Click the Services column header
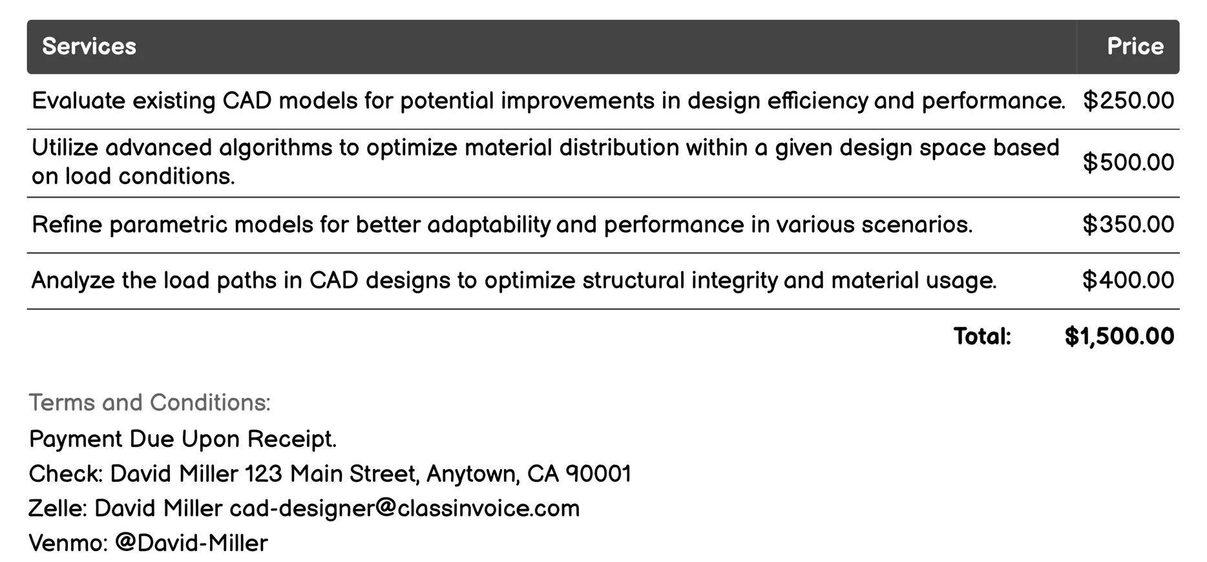(89, 47)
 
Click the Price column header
(1135, 47)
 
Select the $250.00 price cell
(1128, 101)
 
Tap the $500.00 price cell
(1128, 162)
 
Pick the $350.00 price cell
(1128, 224)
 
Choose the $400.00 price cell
(1128, 280)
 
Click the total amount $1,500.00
(1119, 336)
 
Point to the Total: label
(981, 336)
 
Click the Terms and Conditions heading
(149, 402)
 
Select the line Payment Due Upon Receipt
(183, 439)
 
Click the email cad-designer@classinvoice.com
(404, 508)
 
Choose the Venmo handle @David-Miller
(191, 543)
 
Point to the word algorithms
(275, 148)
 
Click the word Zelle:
(58, 508)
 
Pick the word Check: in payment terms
(66, 474)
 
